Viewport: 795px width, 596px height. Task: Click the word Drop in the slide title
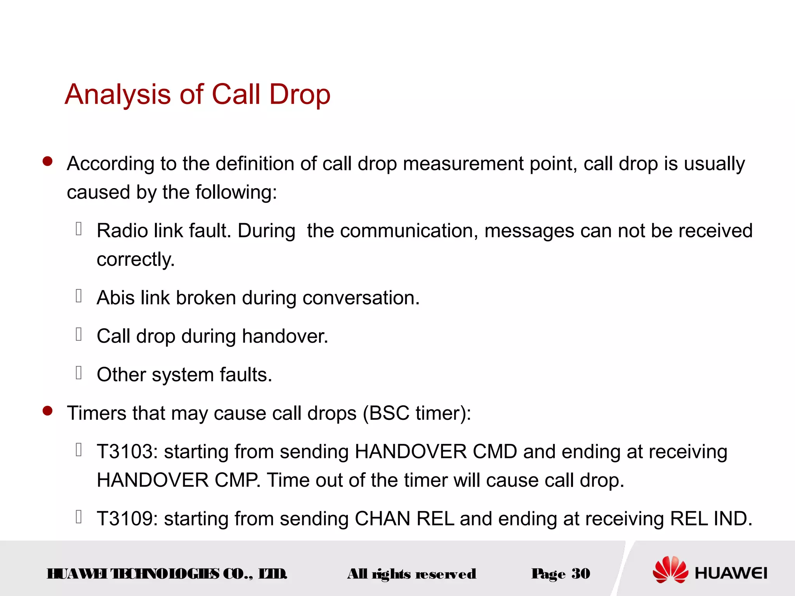pos(299,95)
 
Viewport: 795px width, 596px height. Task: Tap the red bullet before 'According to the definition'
pos(47,161)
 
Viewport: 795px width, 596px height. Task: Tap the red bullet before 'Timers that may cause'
pos(47,411)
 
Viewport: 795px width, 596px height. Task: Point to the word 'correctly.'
pos(135,260)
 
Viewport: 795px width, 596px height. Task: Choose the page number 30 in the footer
pos(581,573)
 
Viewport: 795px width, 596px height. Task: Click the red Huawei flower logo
pos(670,569)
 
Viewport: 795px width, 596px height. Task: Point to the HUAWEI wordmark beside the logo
pos(731,573)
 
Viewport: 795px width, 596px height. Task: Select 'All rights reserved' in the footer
pos(411,574)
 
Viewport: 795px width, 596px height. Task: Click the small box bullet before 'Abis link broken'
pos(79,296)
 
